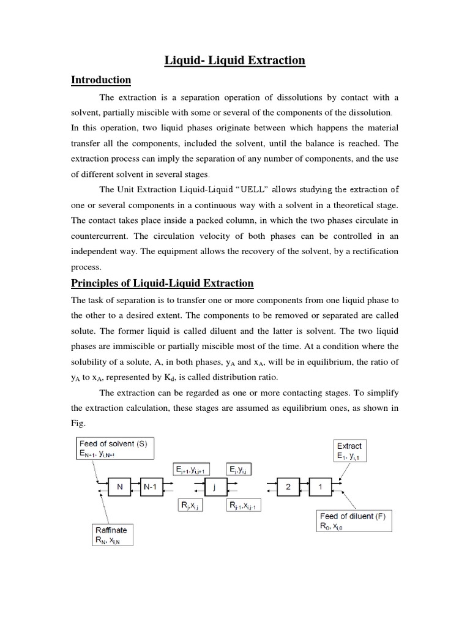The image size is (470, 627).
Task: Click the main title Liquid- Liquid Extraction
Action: click(235, 60)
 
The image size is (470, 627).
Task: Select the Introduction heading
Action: click(101, 80)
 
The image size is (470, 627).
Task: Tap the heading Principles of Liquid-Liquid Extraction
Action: click(162, 283)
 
